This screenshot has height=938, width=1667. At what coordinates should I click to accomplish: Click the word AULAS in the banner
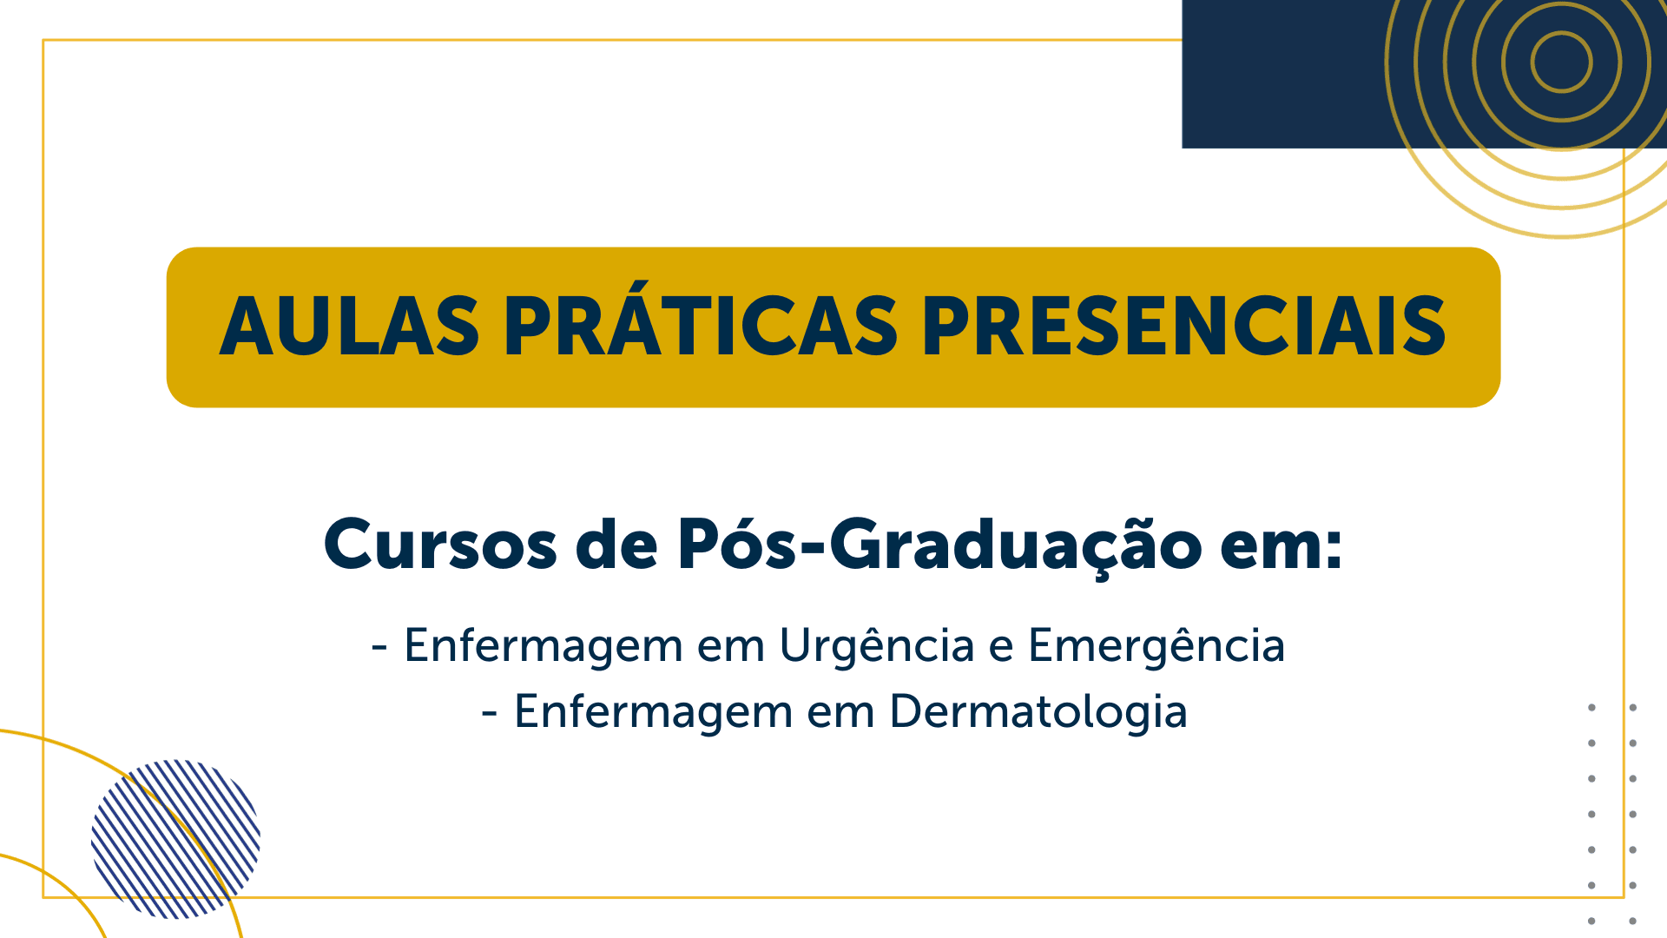pos(349,327)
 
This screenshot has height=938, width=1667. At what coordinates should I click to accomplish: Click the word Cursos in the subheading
pos(440,545)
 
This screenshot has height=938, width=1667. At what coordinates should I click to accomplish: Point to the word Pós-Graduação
pos(939,545)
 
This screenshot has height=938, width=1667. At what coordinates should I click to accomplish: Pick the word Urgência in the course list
pos(877,646)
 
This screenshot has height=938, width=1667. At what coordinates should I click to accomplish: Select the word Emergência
pos(1156,646)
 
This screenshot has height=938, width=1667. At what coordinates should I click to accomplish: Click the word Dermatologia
pos(1038,712)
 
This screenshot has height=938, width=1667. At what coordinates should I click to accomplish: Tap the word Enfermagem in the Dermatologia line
pos(654,712)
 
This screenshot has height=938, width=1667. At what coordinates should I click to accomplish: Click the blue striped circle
pos(175,839)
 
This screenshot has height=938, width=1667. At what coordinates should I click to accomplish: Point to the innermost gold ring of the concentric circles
pos(1561,33)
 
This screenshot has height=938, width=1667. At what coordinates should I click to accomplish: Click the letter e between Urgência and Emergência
pos(1002,650)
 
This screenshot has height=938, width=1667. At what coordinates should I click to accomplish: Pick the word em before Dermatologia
pos(841,716)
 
